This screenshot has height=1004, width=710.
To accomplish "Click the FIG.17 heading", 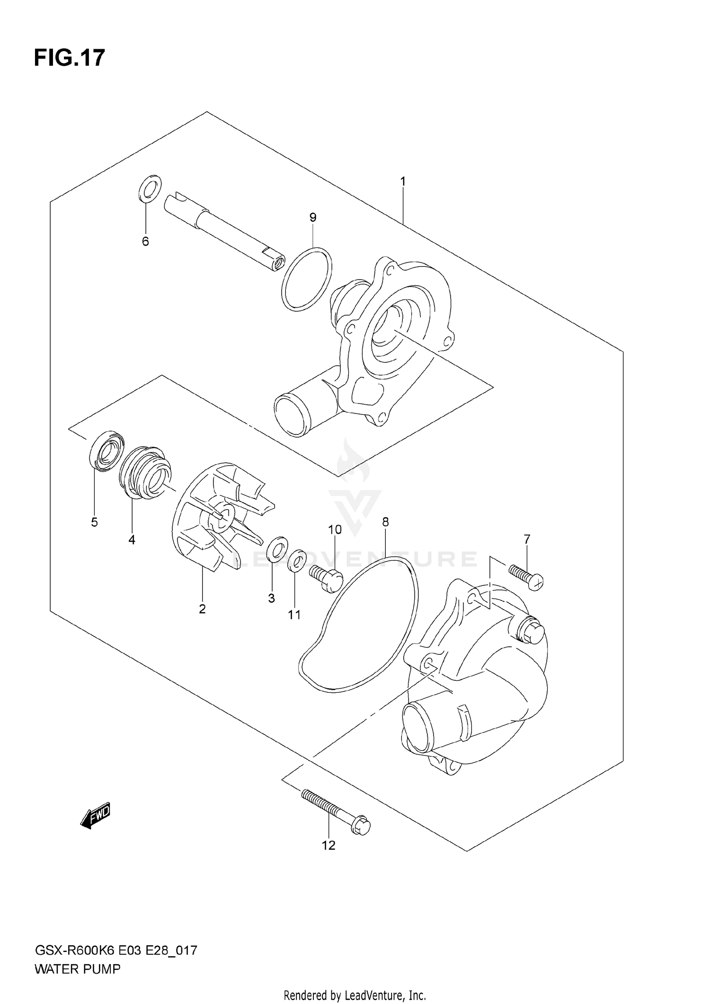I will tap(69, 58).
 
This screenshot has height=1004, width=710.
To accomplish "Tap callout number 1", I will tap(403, 181).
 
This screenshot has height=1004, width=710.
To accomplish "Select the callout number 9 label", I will tap(312, 217).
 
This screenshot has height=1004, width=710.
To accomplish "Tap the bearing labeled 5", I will tap(106, 451).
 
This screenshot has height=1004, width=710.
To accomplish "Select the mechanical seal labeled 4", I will tap(145, 471).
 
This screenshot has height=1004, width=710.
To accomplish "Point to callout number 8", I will tap(385, 522).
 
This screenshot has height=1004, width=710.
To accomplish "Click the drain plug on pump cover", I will tap(532, 631).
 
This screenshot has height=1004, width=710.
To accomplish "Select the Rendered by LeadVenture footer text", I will tap(355, 995).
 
